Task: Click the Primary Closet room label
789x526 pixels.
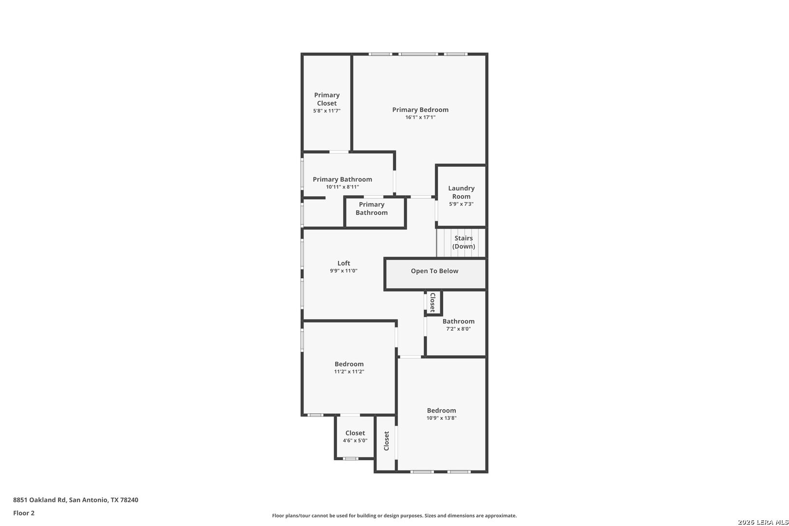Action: click(x=327, y=99)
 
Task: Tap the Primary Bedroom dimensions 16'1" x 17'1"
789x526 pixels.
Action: click(x=420, y=117)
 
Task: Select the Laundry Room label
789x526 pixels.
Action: click(x=461, y=192)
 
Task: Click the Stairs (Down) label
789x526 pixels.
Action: click(x=464, y=242)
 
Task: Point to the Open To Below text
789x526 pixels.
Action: click(x=434, y=271)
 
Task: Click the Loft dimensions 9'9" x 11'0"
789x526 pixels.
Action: click(x=343, y=271)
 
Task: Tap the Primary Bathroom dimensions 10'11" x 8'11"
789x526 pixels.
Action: click(x=342, y=187)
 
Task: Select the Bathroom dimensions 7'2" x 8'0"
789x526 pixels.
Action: click(x=458, y=329)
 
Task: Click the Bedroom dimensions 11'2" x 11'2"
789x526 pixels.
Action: click(x=349, y=371)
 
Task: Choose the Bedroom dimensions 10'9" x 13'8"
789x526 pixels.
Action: click(x=441, y=418)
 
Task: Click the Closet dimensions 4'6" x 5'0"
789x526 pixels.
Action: click(x=355, y=440)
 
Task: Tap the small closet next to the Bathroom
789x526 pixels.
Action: click(x=433, y=302)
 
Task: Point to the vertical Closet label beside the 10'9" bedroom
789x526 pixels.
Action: click(x=386, y=441)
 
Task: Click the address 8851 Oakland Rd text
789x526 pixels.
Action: click(x=39, y=500)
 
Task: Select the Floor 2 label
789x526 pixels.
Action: click(x=23, y=513)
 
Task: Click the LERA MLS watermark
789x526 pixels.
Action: click(x=763, y=522)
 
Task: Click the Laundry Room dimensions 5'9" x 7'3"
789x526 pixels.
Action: click(x=461, y=204)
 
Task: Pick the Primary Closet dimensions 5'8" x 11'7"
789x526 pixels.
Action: click(x=327, y=111)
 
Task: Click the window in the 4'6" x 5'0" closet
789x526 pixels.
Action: click(x=351, y=458)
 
